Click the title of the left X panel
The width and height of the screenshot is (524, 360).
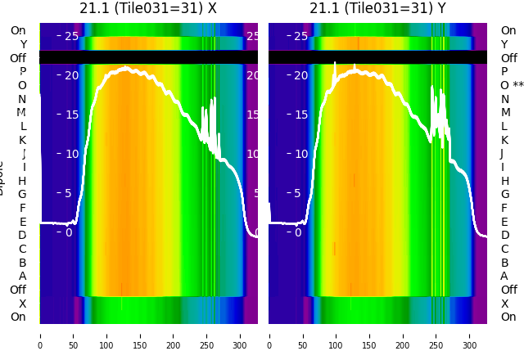click(148, 9)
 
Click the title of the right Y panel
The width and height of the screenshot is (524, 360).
click(377, 9)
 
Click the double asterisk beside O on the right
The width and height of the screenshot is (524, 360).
click(518, 85)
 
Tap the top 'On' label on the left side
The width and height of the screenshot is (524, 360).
click(18, 31)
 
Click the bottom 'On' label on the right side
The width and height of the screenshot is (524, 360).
click(508, 317)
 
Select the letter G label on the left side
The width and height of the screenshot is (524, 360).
click(22, 195)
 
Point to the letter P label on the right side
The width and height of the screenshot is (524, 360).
click(504, 72)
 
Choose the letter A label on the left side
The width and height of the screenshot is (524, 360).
click(22, 277)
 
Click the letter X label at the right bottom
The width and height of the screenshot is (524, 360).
click(504, 304)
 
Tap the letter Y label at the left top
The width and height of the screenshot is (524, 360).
click(23, 45)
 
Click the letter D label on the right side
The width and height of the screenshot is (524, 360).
click(504, 236)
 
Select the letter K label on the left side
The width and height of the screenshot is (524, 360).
click(22, 140)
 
